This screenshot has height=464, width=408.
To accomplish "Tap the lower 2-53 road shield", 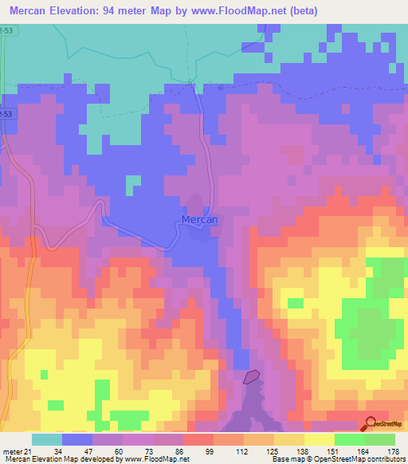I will (5, 114).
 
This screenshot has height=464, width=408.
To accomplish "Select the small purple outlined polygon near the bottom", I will (252, 377).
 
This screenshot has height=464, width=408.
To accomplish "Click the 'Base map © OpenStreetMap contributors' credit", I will (338, 459).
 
